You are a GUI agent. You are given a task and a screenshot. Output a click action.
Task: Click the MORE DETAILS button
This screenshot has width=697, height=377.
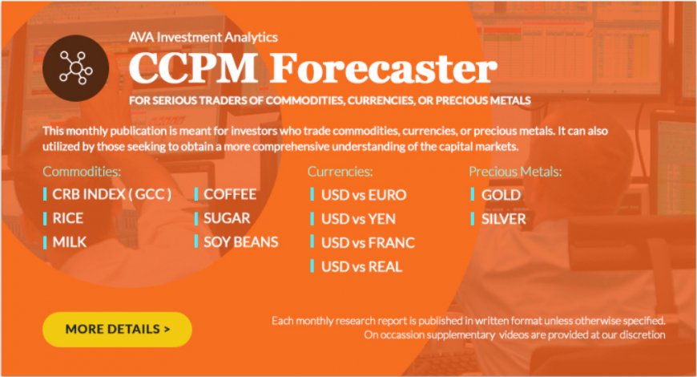(x=117, y=330)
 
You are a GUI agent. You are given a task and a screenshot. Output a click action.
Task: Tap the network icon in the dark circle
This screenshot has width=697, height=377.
(x=76, y=67)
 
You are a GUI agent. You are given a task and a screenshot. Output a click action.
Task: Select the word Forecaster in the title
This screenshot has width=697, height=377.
(x=383, y=67)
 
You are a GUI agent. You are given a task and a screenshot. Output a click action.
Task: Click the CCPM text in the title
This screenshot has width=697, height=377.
(x=193, y=67)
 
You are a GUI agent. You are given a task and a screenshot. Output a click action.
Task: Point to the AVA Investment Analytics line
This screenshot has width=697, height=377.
(x=203, y=37)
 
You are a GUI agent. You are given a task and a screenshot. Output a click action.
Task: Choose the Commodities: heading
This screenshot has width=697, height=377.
(x=82, y=172)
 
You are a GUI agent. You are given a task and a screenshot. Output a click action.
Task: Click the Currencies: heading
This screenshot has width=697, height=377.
(x=340, y=172)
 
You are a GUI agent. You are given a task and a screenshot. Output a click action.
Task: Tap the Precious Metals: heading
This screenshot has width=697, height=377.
(x=515, y=172)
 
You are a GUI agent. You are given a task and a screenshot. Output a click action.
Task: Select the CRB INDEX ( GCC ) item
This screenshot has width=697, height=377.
(x=111, y=194)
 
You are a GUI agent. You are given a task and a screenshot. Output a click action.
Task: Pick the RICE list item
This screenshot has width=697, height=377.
(x=67, y=218)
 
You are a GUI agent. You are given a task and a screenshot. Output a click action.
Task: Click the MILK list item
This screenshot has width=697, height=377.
(x=70, y=242)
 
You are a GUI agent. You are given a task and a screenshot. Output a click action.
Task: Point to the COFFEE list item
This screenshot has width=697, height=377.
(x=230, y=194)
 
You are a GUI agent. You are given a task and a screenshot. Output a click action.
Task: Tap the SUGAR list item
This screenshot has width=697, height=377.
(x=227, y=218)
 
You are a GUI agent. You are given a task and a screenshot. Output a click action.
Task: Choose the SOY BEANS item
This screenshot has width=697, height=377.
(x=241, y=242)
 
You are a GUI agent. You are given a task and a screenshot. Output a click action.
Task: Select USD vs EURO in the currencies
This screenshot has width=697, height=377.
(x=364, y=195)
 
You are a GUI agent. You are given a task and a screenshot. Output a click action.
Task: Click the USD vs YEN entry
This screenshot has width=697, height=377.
(x=358, y=219)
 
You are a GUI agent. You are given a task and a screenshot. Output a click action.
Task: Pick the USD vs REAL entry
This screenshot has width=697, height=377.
(x=362, y=266)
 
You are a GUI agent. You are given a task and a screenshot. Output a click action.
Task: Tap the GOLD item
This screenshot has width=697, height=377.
(x=501, y=195)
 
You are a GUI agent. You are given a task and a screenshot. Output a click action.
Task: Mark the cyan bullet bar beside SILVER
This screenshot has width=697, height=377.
(x=472, y=218)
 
